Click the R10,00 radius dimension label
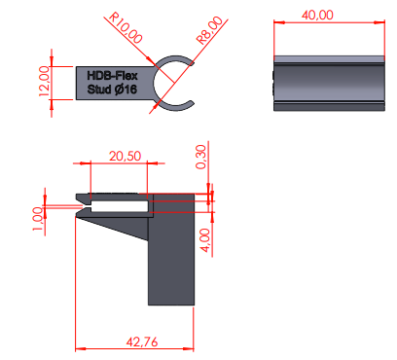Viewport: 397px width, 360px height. [x=126, y=27]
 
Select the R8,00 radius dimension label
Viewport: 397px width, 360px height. [x=210, y=30]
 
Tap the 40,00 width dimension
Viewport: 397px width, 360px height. [x=317, y=15]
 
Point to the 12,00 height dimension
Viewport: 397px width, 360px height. [x=44, y=81]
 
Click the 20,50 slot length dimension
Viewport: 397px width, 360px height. [x=125, y=157]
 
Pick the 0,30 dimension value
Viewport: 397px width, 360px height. [x=200, y=157]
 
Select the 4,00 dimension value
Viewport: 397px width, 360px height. [x=205, y=240]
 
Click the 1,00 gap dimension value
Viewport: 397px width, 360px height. [x=37, y=219]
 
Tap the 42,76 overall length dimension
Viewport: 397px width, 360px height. [x=142, y=342]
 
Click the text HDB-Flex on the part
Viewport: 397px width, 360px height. [x=112, y=76]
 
